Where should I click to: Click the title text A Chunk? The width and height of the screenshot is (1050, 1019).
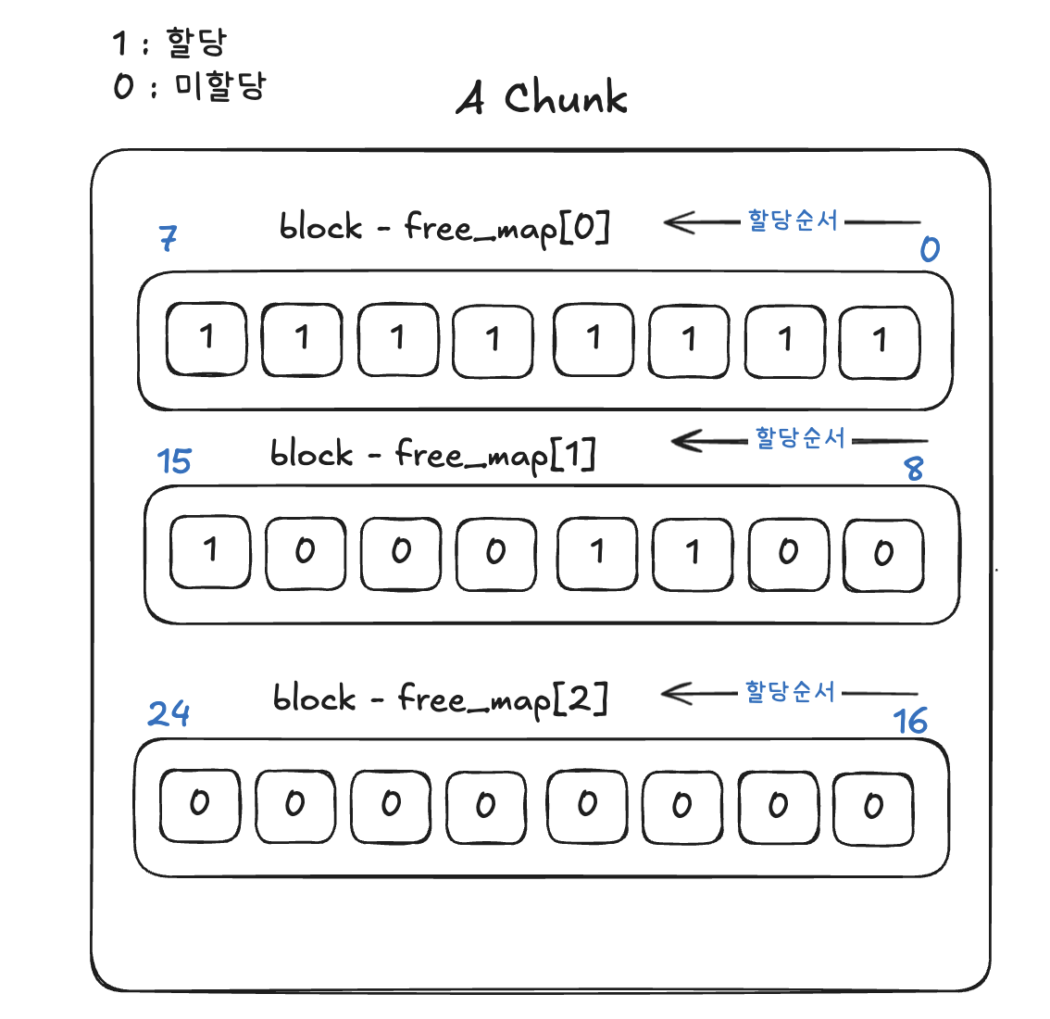(543, 97)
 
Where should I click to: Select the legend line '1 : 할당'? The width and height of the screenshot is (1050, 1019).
(169, 43)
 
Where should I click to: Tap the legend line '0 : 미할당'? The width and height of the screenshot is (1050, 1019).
(189, 87)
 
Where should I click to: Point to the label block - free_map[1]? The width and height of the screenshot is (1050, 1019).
(433, 455)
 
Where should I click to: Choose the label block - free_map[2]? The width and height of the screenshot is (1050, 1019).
(441, 699)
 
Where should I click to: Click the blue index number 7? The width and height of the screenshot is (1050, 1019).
(168, 238)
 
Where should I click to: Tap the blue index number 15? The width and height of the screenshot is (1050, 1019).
(174, 460)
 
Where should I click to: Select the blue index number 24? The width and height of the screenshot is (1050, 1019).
(169, 713)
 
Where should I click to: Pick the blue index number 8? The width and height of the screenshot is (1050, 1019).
(914, 468)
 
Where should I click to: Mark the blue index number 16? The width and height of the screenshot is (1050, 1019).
(910, 721)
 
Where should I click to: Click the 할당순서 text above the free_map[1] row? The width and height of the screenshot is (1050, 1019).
(800, 438)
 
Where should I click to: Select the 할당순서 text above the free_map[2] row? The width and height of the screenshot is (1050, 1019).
(790, 691)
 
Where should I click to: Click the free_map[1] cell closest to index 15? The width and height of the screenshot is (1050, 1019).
(210, 552)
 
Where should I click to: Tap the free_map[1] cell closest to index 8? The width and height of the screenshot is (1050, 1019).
(883, 554)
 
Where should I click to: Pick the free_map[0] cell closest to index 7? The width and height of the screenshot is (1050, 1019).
(206, 339)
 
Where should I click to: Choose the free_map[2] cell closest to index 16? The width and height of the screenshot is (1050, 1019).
(873, 807)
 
